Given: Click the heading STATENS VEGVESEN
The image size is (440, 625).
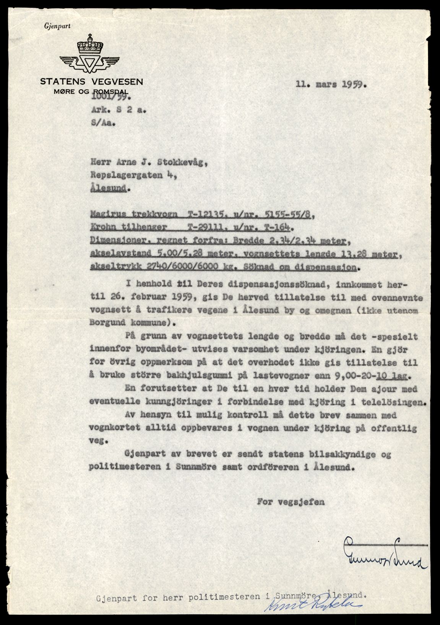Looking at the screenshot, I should pos(92,81).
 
